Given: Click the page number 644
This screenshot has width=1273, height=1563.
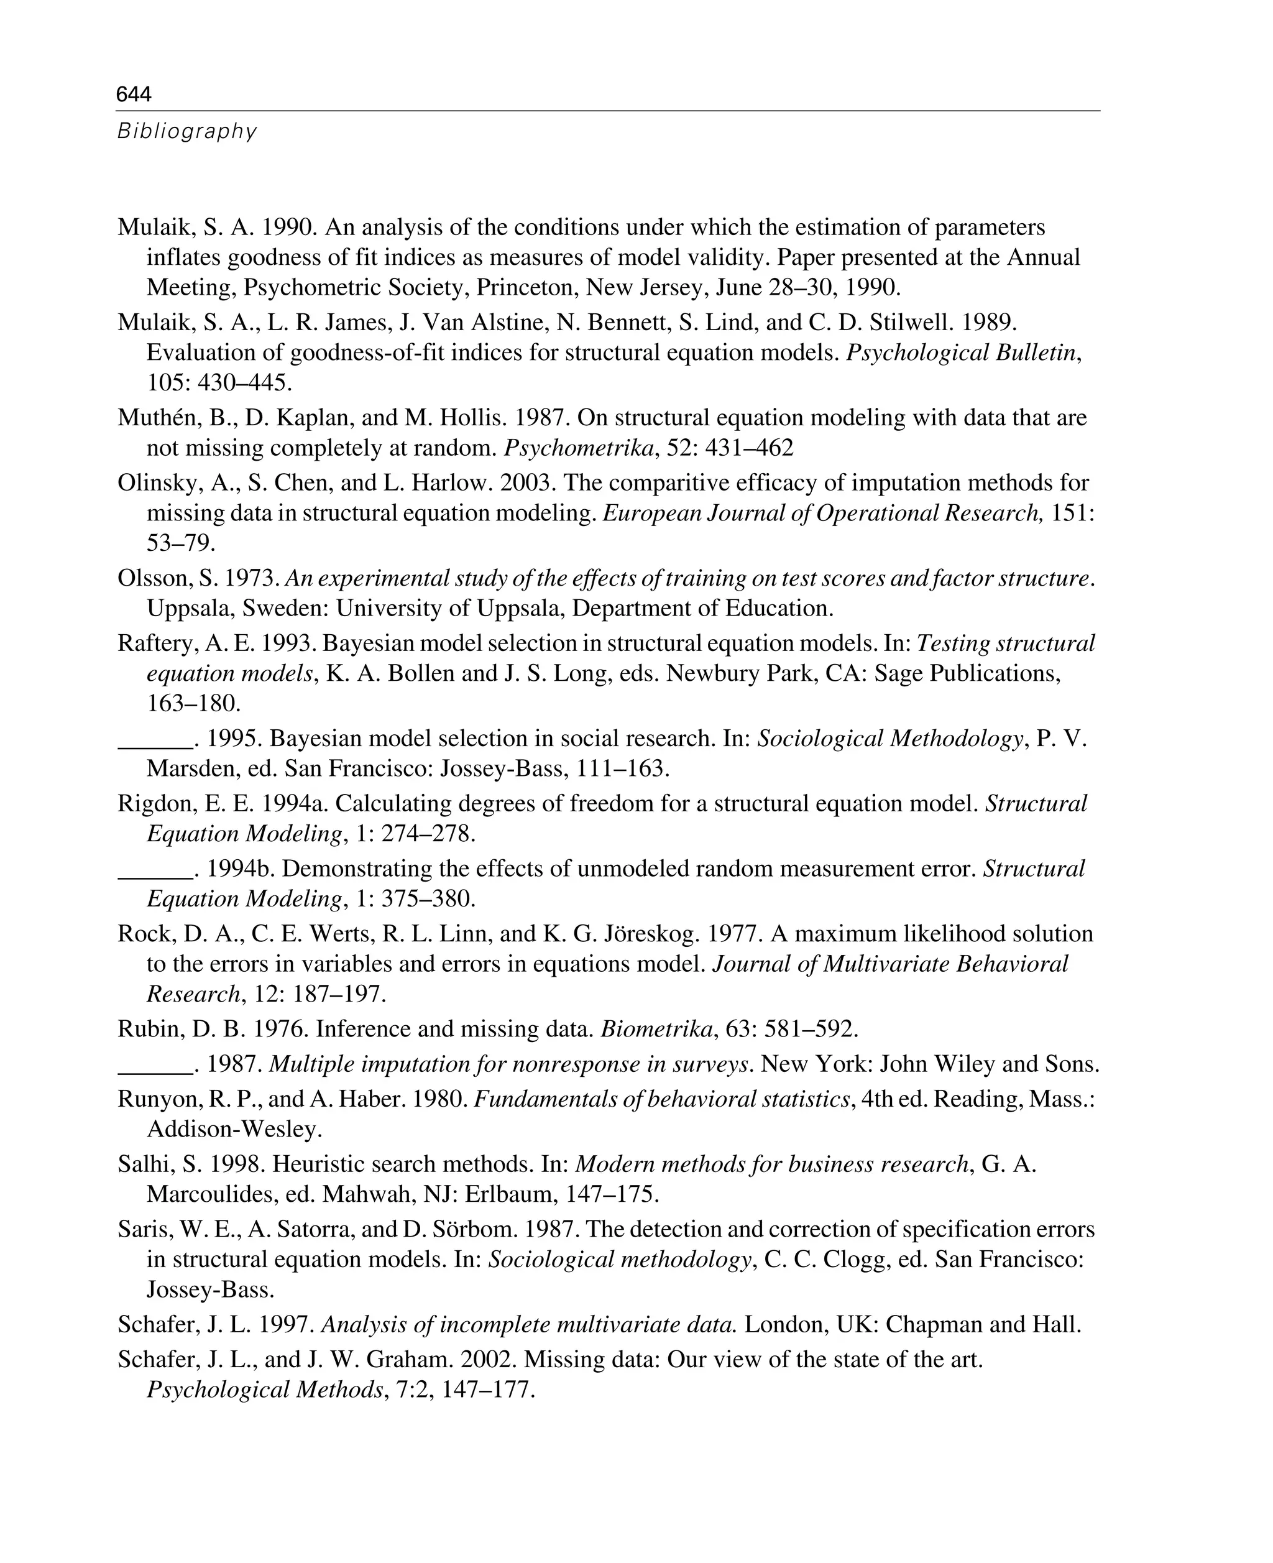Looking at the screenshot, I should [134, 94].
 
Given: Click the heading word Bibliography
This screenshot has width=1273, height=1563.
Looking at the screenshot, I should [187, 131].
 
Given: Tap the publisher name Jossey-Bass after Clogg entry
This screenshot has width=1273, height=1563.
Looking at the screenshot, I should [209, 1289].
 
